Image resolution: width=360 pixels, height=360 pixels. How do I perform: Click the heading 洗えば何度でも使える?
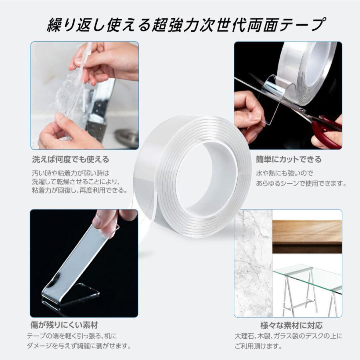click(70, 160)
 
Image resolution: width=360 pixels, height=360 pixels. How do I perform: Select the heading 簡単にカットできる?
click(288, 160)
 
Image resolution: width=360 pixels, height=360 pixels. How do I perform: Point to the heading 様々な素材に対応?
click(291, 325)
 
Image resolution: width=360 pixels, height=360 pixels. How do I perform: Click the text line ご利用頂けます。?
click(258, 345)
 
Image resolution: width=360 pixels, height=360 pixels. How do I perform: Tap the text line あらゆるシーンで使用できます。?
click(300, 184)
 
